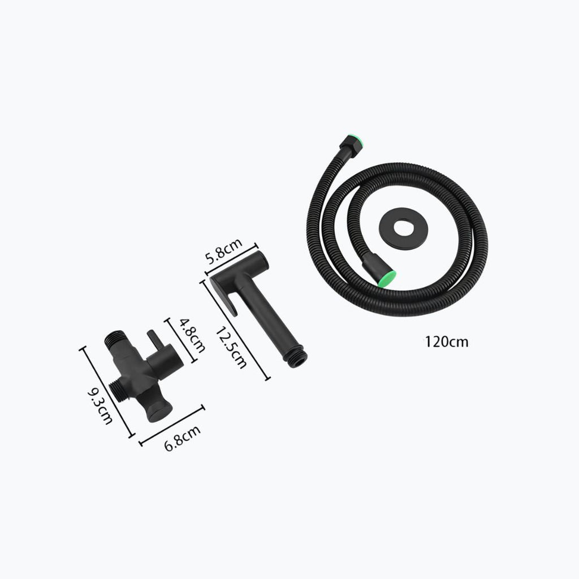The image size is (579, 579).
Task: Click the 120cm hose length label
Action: point(446,342)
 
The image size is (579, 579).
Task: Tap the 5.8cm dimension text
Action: point(224,251)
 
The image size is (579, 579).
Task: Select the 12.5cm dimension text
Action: point(231,348)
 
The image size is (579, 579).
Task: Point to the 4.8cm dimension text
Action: point(192,336)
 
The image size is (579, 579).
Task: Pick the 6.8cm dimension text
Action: point(183,438)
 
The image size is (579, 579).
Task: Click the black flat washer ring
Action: point(404,228)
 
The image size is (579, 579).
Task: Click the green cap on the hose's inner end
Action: point(389,278)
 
